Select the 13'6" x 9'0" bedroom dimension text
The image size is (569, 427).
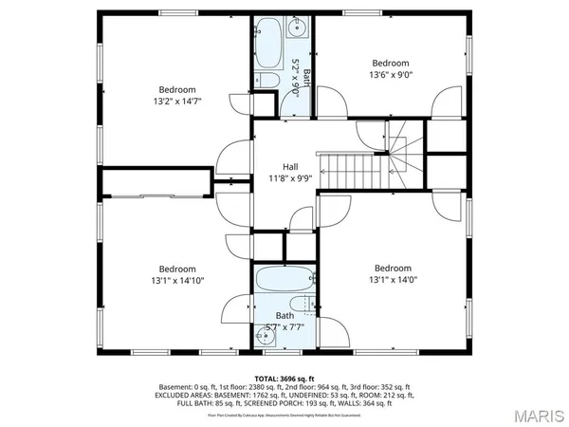[x=392, y=73]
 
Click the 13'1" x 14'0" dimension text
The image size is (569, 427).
[x=392, y=280]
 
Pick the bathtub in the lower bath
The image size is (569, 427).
[x=284, y=281]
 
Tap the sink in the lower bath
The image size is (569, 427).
[x=263, y=334]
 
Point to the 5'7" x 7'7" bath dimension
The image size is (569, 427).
[x=284, y=327]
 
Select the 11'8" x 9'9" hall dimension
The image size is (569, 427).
[x=290, y=178]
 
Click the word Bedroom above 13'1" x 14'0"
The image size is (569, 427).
[x=392, y=268]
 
